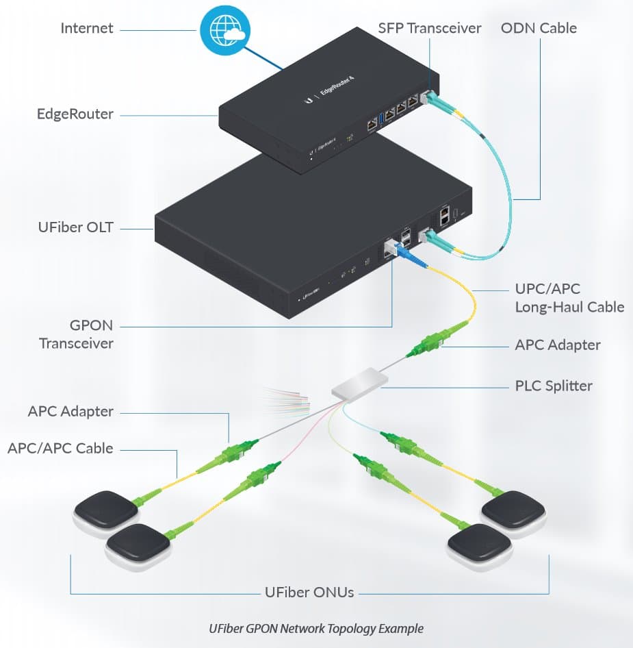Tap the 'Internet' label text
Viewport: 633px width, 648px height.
(x=87, y=29)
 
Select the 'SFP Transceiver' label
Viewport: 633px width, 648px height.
(x=430, y=29)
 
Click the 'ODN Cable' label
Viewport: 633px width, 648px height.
(x=539, y=29)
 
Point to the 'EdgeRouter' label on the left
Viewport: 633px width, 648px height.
(x=75, y=114)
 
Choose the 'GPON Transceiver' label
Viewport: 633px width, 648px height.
(x=76, y=334)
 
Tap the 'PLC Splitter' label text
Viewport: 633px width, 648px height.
(x=554, y=386)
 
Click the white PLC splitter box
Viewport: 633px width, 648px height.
(x=359, y=382)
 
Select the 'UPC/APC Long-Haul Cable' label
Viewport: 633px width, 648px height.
(x=569, y=298)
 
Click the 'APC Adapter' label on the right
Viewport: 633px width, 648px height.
(x=557, y=345)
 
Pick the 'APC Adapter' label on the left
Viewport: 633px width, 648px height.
(x=70, y=412)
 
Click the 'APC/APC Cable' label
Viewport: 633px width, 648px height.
(x=60, y=449)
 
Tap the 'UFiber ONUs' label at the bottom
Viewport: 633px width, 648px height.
(x=309, y=592)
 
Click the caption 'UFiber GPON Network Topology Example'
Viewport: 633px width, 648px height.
(x=316, y=628)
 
